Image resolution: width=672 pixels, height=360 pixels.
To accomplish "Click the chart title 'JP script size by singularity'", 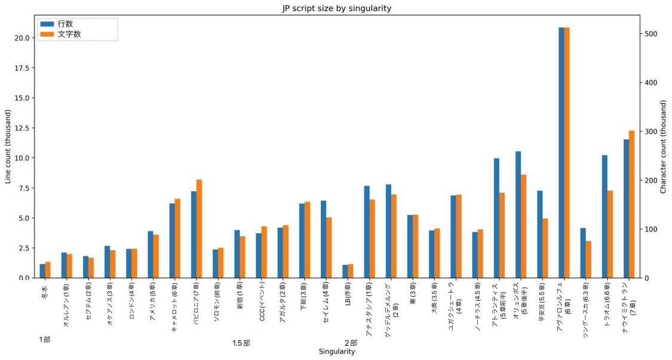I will (336, 8).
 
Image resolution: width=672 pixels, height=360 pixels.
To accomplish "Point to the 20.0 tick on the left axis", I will (22, 38).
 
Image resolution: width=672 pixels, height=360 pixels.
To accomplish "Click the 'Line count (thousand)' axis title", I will (8, 146).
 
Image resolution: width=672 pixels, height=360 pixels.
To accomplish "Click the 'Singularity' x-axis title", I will (337, 352).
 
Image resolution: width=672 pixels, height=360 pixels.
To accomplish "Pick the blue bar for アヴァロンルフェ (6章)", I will (561, 152).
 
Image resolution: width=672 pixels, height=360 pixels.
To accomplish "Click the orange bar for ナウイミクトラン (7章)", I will (632, 204).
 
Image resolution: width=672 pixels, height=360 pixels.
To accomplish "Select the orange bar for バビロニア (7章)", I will (200, 229).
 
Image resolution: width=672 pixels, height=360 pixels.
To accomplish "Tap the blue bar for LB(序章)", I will (345, 272).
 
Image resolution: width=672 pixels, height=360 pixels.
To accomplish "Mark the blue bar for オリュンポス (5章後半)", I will (518, 215).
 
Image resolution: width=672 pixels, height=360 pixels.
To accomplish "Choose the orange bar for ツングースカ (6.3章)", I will (588, 260).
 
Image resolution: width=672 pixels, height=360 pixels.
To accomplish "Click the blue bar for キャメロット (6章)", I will (172, 241).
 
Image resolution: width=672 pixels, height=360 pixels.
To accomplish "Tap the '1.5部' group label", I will (241, 343).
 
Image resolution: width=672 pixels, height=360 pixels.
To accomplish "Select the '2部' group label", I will (351, 343).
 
